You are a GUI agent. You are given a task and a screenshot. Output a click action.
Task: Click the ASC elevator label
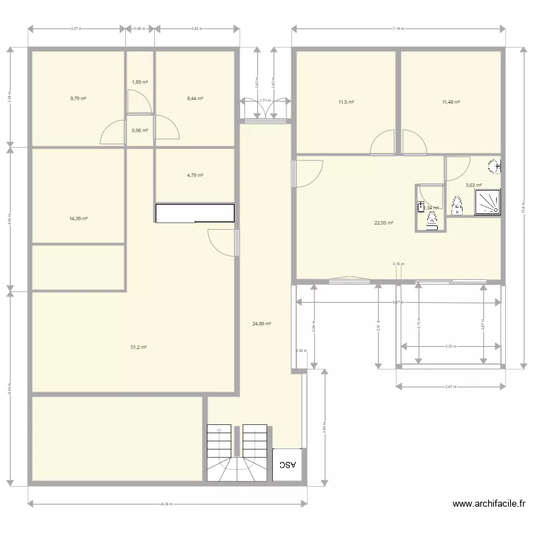point(287,465)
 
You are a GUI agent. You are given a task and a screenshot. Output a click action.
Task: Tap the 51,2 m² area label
point(138,348)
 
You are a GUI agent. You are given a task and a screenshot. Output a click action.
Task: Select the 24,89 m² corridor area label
point(262,324)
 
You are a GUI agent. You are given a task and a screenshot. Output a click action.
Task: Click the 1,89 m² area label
point(140,82)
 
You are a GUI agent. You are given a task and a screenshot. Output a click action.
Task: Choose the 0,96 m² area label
point(140,131)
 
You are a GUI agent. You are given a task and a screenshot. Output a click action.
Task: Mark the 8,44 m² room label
point(195,99)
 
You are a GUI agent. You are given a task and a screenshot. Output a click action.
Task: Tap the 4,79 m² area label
point(195,176)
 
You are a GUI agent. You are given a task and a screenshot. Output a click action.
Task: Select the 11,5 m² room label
point(346,102)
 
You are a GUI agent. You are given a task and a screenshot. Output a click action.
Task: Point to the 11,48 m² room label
point(451,102)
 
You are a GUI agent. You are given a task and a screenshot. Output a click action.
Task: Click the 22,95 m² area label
point(384,222)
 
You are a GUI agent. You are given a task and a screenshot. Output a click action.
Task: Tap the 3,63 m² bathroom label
point(473,186)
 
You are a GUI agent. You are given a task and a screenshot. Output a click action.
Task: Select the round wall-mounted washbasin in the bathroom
point(494,167)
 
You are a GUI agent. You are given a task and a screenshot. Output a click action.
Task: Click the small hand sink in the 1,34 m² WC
point(421,207)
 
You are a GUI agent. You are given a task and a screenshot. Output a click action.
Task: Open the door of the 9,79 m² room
point(112,132)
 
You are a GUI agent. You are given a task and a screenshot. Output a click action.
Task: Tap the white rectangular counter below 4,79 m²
point(195,213)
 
